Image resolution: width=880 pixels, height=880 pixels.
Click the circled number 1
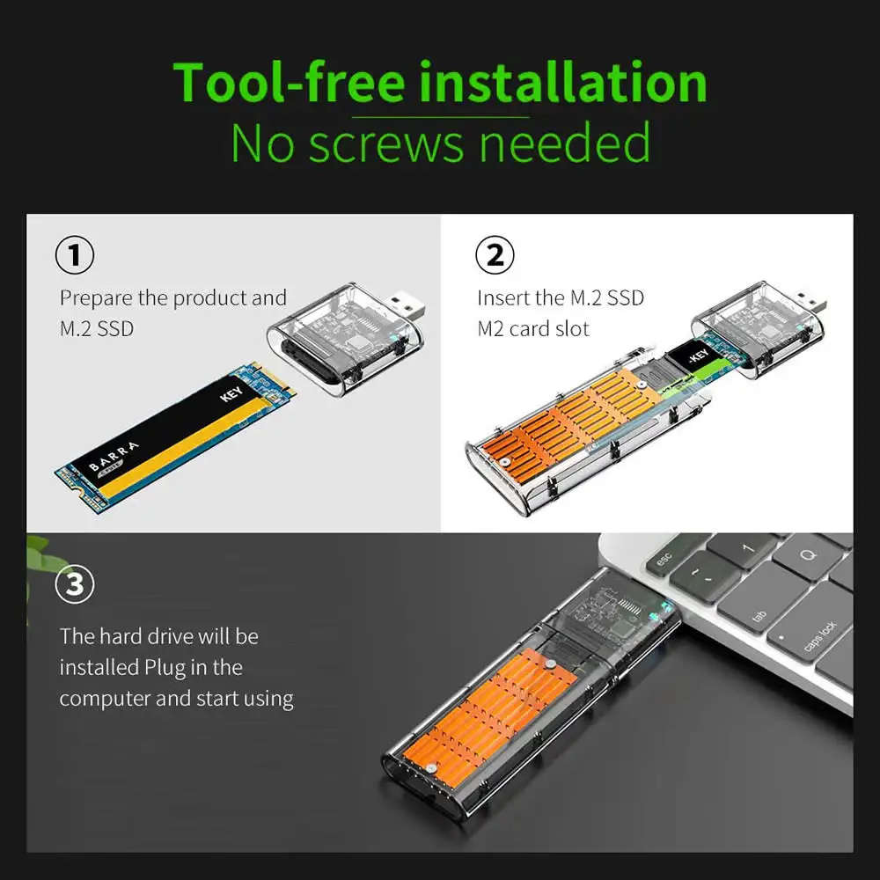coord(75,255)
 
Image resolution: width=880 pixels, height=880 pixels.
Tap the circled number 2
coord(495,255)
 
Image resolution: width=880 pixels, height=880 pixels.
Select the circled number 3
coord(75,584)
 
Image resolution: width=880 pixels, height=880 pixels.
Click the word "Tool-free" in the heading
coord(289,83)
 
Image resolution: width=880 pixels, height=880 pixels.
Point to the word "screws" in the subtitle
coord(386,143)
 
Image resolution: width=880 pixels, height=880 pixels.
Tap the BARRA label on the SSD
coord(114,456)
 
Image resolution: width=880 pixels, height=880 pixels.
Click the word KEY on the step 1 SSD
coord(231,393)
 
